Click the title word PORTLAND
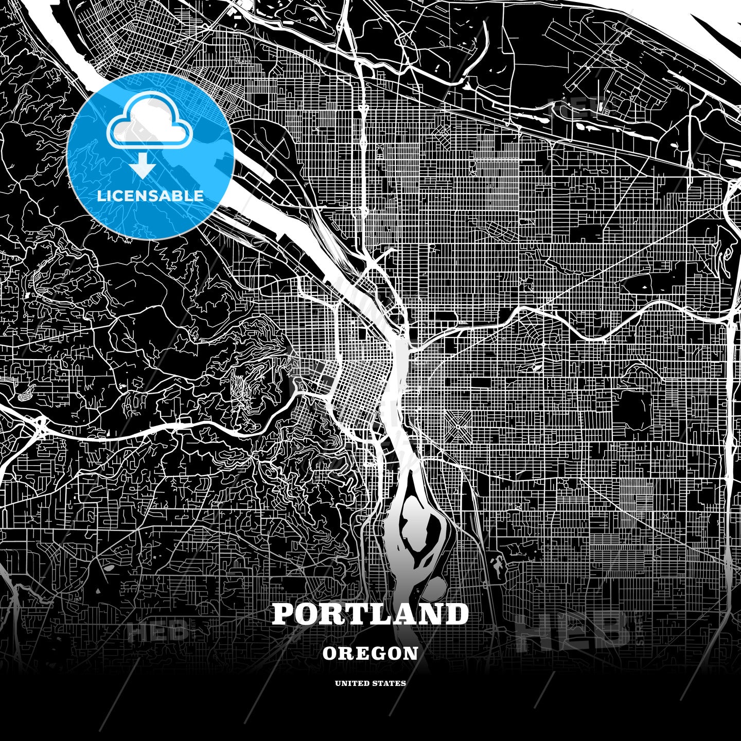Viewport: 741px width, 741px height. tap(370, 614)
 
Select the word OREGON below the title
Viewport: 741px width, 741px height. tap(370, 654)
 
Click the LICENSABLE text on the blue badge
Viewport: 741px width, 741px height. tap(150, 196)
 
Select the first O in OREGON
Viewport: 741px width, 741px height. tap(330, 654)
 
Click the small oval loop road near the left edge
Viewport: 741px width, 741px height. tap(25, 395)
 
